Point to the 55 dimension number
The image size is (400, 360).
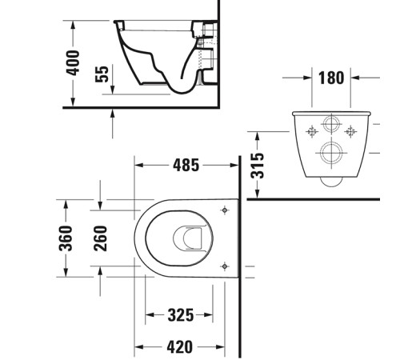click(102, 75)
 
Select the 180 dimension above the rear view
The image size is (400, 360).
click(330, 78)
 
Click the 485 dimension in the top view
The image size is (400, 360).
click(186, 166)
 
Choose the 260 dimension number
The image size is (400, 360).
click(101, 237)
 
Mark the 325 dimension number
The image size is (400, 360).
click(180, 316)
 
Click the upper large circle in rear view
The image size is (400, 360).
click(330, 126)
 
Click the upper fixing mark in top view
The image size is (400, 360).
click(226, 210)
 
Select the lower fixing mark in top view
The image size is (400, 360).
click(226, 266)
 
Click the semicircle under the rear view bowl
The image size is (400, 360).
click(330, 182)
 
